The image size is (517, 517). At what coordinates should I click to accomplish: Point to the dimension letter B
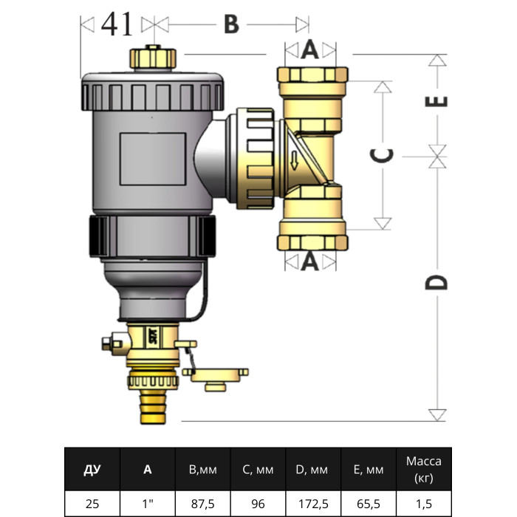(x=231, y=25)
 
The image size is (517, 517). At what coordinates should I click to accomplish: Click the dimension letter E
(x=438, y=101)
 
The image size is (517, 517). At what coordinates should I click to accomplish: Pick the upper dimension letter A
(x=309, y=50)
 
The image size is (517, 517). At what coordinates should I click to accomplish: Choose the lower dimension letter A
(x=309, y=261)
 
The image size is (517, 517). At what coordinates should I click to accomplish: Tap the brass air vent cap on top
(x=153, y=58)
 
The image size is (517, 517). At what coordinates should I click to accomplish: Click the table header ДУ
(x=92, y=469)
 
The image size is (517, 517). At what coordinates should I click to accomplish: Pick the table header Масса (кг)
(x=423, y=469)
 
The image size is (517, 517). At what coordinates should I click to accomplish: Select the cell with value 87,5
(x=203, y=504)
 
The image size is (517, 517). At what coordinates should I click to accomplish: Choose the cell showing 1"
(x=148, y=504)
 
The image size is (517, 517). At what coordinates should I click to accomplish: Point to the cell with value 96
(x=258, y=504)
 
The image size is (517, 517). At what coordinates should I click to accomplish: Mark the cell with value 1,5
(x=423, y=504)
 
